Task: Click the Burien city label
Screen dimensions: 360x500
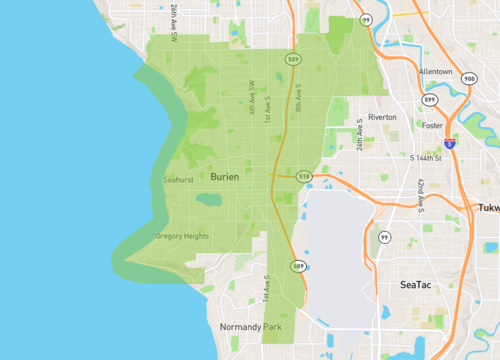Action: [x=225, y=177]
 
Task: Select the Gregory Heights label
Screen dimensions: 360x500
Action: [x=182, y=236]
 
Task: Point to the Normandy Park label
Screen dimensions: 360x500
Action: [x=251, y=327]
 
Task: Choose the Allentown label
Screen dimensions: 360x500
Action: [x=435, y=72]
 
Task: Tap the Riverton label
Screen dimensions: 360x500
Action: [x=382, y=117]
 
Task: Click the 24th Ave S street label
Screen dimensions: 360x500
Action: [x=359, y=143]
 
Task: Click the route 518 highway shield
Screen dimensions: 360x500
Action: [x=304, y=176]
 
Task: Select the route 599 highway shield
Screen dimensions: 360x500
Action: [x=430, y=101]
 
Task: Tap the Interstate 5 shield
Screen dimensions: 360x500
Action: [x=451, y=144]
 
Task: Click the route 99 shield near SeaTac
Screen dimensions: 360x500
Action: [x=384, y=237]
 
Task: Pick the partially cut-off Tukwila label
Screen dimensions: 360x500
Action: [x=489, y=208]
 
